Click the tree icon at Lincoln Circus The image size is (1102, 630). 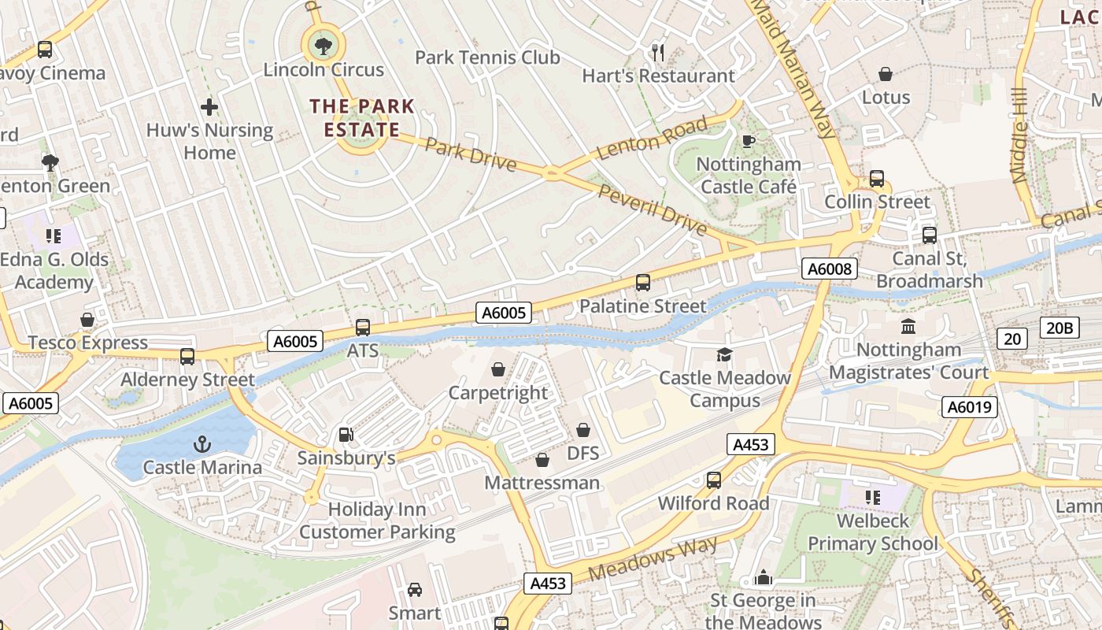tap(323, 46)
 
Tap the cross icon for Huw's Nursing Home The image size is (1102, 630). tap(209, 106)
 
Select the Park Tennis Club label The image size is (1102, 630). tap(487, 57)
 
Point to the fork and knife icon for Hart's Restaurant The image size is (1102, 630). tap(658, 53)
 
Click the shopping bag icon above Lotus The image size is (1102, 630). tap(886, 74)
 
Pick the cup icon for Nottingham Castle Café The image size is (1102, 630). tap(749, 141)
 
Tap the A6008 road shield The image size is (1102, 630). tap(830, 269)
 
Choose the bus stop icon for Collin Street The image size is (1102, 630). tap(876, 179)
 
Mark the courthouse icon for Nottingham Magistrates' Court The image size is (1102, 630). tap(908, 326)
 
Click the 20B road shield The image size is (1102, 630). tap(1059, 328)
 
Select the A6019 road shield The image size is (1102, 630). tap(970, 407)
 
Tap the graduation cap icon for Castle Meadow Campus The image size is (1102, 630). tap(724, 355)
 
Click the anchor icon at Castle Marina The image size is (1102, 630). tap(202, 444)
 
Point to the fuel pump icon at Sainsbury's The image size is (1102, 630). tap(345, 435)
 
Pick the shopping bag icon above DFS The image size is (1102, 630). tap(583, 430)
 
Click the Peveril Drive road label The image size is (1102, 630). tap(653, 209)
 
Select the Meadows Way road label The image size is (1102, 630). tap(653, 558)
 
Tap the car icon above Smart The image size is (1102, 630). tap(414, 589)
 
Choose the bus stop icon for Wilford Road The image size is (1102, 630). tap(714, 480)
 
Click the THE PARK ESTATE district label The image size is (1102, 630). tap(362, 117)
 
